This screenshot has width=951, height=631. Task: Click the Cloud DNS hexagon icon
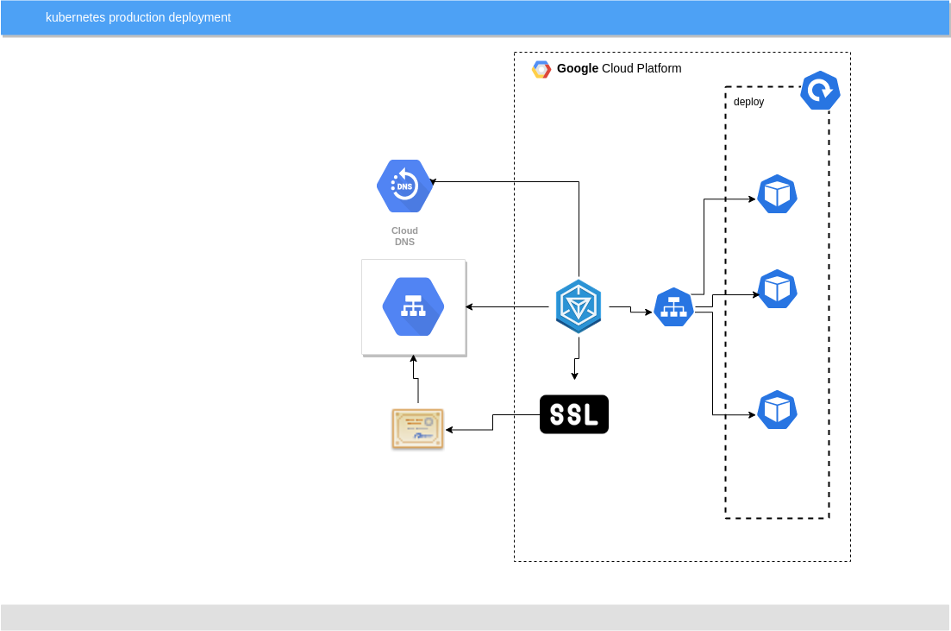click(404, 186)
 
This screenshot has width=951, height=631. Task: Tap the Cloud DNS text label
click(404, 237)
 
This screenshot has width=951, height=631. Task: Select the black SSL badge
click(573, 414)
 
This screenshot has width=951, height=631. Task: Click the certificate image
click(418, 429)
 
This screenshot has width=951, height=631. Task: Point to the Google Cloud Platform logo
click(541, 69)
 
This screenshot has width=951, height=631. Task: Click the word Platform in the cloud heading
click(659, 69)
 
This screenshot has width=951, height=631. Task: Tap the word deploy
click(748, 102)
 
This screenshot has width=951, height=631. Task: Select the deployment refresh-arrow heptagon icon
click(820, 91)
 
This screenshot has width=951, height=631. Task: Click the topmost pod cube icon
click(777, 194)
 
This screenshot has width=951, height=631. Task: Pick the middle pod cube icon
click(777, 289)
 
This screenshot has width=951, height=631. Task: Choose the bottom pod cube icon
click(777, 410)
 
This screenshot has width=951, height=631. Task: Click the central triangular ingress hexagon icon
click(578, 306)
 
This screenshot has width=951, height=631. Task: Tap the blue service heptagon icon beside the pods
click(673, 307)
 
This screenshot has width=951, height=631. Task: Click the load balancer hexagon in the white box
click(413, 306)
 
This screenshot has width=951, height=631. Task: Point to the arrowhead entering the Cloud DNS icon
click(433, 181)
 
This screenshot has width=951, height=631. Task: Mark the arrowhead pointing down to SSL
click(574, 376)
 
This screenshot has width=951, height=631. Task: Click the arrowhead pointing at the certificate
click(449, 430)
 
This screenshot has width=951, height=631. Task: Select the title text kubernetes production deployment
click(138, 17)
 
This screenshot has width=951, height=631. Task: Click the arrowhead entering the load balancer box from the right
click(469, 306)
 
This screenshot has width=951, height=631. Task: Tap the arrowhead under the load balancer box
click(414, 358)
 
